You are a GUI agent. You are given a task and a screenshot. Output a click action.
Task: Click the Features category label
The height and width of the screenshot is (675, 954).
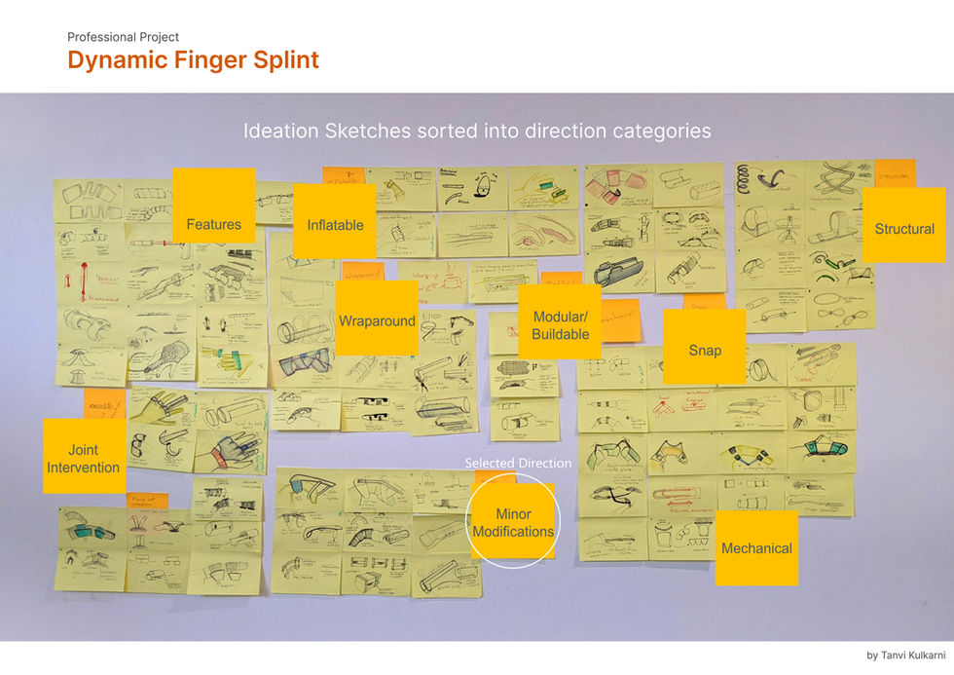point(213,225)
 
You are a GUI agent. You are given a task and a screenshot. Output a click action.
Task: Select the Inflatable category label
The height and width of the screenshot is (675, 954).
point(335,225)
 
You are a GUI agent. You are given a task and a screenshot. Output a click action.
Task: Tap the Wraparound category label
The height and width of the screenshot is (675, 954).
point(377,320)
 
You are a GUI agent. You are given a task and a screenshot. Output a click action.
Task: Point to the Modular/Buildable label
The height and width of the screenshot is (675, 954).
point(560,325)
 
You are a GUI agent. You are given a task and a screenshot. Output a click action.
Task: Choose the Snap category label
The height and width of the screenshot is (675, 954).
point(704,350)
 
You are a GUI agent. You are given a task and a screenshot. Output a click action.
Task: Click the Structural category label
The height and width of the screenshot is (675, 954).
point(903,229)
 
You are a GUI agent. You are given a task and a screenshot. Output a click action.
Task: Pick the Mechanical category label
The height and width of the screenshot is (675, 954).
point(756,548)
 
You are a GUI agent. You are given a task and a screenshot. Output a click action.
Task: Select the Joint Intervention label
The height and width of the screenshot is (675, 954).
point(84,459)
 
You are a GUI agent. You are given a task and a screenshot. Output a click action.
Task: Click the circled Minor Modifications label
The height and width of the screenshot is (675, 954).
point(513,523)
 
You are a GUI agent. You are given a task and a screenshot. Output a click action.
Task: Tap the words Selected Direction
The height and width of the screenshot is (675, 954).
point(518,464)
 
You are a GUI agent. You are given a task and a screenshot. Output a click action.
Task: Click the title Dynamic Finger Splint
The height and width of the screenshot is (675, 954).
point(193,60)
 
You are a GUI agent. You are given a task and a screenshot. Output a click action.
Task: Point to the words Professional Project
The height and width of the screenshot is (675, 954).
point(123,37)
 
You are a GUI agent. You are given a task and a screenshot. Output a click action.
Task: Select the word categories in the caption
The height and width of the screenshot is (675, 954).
point(658,131)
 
